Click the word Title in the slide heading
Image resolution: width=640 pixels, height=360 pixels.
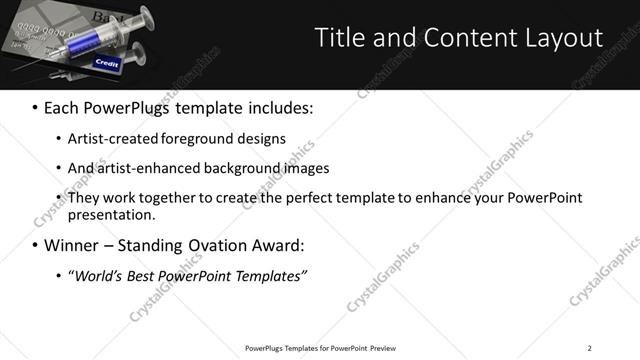tap(339, 38)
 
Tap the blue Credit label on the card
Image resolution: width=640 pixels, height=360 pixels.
tap(106, 63)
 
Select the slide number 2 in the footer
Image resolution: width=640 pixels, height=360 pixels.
tap(589, 348)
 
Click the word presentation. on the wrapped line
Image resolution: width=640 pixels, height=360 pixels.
tap(112, 214)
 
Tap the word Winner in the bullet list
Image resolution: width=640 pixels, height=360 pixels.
tap(73, 245)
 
